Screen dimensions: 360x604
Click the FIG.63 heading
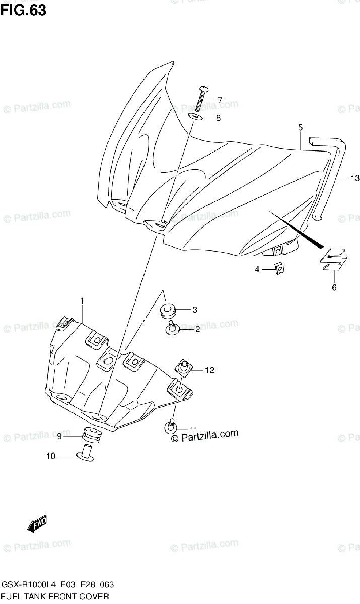[x=24, y=10]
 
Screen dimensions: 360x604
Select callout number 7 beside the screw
[x=219, y=100]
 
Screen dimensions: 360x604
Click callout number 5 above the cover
[x=300, y=128]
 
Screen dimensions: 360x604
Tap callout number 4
[x=257, y=270]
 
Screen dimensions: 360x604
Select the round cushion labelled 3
[x=167, y=310]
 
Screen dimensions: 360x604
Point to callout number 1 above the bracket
[x=82, y=301]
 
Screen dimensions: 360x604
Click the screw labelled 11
[x=170, y=427]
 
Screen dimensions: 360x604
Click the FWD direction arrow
[x=37, y=523]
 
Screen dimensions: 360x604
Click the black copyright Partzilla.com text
[x=203, y=436]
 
